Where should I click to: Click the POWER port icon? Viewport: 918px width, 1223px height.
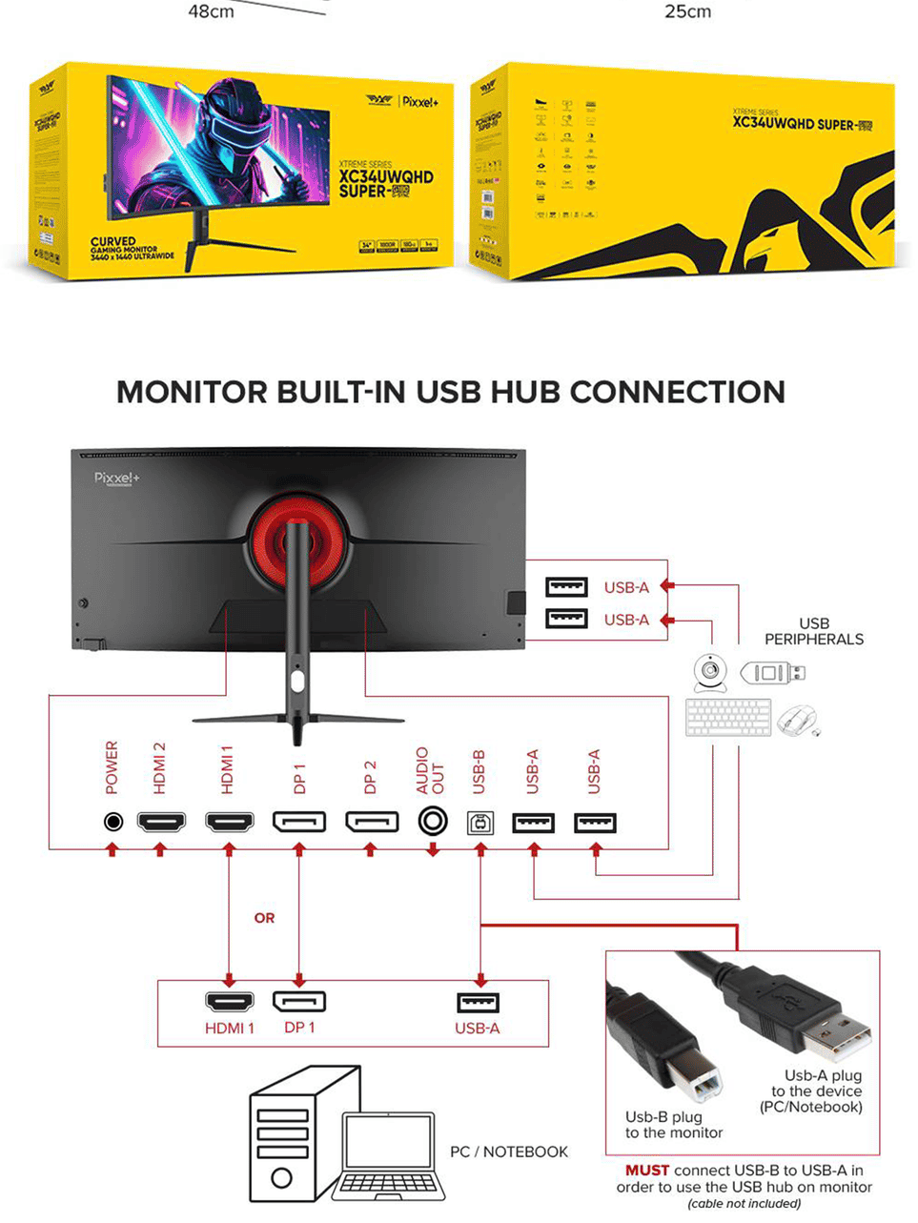(112, 821)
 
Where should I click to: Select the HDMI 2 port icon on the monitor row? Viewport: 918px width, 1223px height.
(161, 821)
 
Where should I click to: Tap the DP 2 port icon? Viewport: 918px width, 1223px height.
(372, 821)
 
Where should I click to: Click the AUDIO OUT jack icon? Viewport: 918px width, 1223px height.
(433, 821)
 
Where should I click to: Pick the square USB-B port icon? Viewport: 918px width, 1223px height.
(480, 823)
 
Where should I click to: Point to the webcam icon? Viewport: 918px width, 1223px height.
(710, 673)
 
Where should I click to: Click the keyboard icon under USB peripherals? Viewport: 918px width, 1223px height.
(728, 718)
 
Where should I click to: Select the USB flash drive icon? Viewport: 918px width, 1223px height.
(772, 673)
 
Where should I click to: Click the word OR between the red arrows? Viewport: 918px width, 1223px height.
(264, 918)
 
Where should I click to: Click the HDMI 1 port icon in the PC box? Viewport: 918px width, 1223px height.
(230, 1002)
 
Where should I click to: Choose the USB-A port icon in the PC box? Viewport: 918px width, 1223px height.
(478, 1003)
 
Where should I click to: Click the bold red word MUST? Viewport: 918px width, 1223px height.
(647, 1170)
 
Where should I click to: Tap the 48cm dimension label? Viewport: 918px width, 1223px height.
(211, 12)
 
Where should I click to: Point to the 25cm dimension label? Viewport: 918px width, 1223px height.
(687, 12)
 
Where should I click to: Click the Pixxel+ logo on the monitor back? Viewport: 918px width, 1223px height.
(117, 478)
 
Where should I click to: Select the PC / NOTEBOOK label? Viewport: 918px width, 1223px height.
(508, 1152)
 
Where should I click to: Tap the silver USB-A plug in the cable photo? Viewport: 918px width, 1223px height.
(837, 1035)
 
